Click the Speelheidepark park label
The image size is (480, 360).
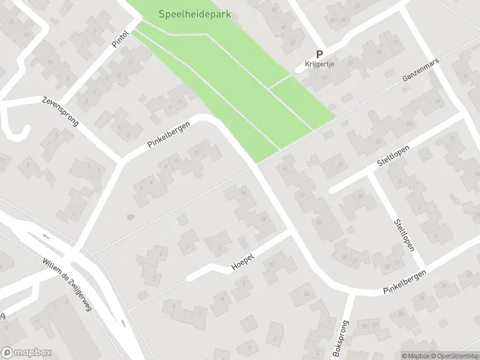pyautogui.click(x=195, y=13)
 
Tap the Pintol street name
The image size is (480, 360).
pyautogui.click(x=121, y=40)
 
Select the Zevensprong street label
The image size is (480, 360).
pyautogui.click(x=61, y=111)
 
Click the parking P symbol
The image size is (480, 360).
pyautogui.click(x=320, y=53)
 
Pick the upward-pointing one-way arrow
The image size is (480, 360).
pyautogui.click(x=124, y=323)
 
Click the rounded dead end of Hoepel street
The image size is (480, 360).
pyautogui.click(x=190, y=277)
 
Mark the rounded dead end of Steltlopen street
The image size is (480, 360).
pyautogui.click(x=332, y=191)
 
